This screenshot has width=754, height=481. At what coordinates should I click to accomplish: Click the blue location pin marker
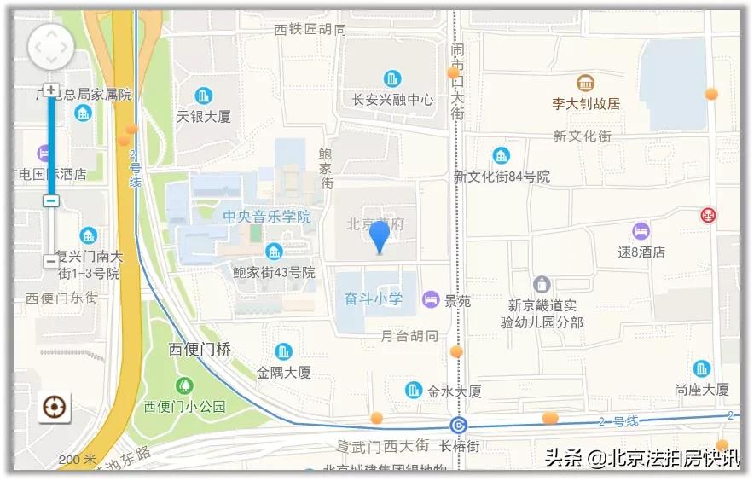pyautogui.click(x=380, y=236)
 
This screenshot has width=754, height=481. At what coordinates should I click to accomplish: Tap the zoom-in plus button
pyautogui.click(x=51, y=90)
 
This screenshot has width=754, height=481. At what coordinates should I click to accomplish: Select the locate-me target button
pyautogui.click(x=55, y=408)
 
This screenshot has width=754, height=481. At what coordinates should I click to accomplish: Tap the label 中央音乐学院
pyautogui.click(x=267, y=217)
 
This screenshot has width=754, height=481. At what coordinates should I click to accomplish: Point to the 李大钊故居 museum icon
pyautogui.click(x=585, y=84)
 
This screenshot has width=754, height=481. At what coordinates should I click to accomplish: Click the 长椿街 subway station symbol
pyautogui.click(x=459, y=425)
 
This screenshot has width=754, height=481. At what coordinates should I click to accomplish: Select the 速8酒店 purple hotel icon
pyautogui.click(x=641, y=231)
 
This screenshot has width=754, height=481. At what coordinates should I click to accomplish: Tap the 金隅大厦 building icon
pyautogui.click(x=283, y=351)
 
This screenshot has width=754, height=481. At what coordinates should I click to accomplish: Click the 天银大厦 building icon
pyautogui.click(x=203, y=96)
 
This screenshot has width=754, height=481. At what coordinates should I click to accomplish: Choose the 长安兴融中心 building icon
pyautogui.click(x=392, y=79)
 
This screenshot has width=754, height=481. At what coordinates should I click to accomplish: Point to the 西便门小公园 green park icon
pyautogui.click(x=183, y=385)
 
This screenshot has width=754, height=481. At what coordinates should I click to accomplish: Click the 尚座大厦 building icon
pyautogui.click(x=701, y=368)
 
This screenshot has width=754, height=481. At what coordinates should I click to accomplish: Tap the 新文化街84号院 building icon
pyautogui.click(x=501, y=155)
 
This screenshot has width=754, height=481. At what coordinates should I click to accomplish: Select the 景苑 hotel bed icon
pyautogui.click(x=432, y=299)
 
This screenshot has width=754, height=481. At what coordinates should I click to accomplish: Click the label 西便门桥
pyautogui.click(x=200, y=350)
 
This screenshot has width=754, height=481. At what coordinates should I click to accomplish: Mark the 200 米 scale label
pyautogui.click(x=78, y=460)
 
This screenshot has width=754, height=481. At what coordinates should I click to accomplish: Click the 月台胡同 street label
pyautogui.click(x=409, y=336)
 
